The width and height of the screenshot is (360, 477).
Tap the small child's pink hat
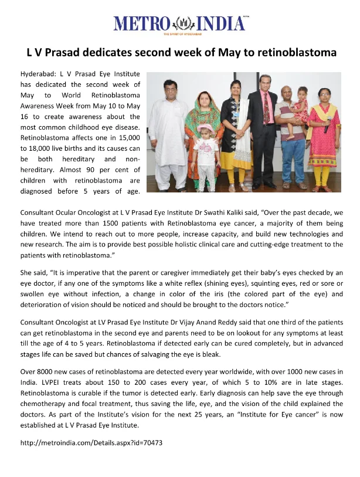click(x=205, y=128)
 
